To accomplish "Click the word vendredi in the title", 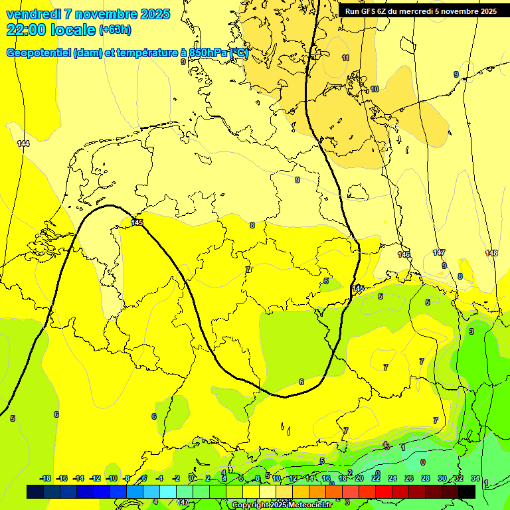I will pyautogui.click(x=33, y=14).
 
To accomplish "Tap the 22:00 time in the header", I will pyautogui.click(x=25, y=29).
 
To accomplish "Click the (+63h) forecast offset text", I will pyautogui.click(x=115, y=30).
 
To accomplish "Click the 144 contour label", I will pyautogui.click(x=23, y=143).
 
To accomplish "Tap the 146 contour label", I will pyautogui.click(x=404, y=254).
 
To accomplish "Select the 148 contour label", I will pyautogui.click(x=491, y=253).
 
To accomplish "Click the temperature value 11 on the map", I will pyautogui.click(x=345, y=58).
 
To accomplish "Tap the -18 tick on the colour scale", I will pyautogui.click(x=46, y=478).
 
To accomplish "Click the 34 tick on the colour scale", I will pyautogui.click(x=475, y=478).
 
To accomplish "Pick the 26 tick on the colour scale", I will pyautogui.click(x=409, y=478).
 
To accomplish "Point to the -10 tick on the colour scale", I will pyautogui.click(x=112, y=478).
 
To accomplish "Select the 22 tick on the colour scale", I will pyautogui.click(x=376, y=478).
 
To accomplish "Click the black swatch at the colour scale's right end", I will pyautogui.click(x=467, y=491).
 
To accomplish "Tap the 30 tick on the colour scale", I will pyautogui.click(x=442, y=478).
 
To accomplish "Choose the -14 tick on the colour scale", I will pyautogui.click(x=78, y=478).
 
